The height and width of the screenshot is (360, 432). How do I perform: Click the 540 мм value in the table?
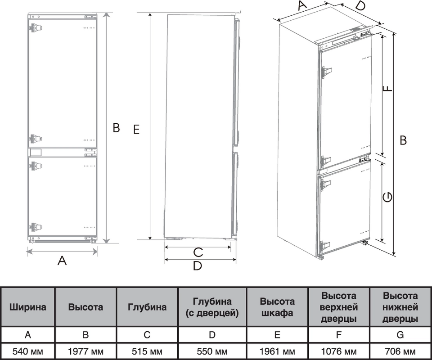point(28,351)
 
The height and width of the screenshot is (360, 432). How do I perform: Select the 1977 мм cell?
point(85,351)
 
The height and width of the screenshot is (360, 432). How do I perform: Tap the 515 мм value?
point(147,351)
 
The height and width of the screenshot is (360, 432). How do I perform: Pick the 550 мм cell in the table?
point(212,351)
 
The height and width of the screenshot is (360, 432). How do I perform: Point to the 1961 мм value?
point(277,351)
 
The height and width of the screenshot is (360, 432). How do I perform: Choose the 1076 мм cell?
point(338,351)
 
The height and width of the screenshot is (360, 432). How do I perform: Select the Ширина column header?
point(28,307)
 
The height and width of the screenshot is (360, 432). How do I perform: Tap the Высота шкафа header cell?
point(277,307)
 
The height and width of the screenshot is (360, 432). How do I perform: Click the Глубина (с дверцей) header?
point(212,307)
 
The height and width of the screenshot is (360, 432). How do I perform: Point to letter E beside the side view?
point(137,130)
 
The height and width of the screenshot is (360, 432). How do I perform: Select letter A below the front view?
point(62,260)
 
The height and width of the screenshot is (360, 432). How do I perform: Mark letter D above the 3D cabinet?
point(360,7)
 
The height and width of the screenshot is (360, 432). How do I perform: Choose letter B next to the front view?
point(116,128)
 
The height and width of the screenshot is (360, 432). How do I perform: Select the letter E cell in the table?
point(277,334)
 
